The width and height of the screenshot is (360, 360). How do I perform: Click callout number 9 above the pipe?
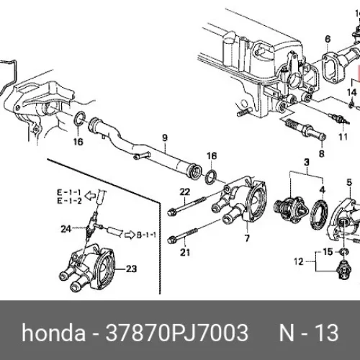(x=165, y=138)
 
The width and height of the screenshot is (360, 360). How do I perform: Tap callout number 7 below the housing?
(x=247, y=238)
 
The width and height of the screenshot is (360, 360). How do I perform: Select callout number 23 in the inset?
(x=131, y=269)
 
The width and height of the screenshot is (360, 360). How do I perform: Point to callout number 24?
(x=66, y=229)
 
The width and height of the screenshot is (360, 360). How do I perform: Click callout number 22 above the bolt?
(x=185, y=192)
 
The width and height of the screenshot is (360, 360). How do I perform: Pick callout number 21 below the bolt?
(x=185, y=252)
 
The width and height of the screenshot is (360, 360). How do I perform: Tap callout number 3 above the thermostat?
(x=307, y=163)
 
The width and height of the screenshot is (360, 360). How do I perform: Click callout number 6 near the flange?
(x=328, y=40)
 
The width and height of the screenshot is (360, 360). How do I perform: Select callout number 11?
(x=343, y=137)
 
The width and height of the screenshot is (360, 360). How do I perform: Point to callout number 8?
(x=322, y=153)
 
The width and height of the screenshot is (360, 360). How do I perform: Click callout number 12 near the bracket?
(x=299, y=261)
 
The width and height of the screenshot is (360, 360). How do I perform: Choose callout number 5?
(x=349, y=182)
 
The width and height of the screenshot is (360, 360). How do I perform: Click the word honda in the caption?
(x=53, y=333)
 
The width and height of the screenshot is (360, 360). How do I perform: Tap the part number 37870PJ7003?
(x=177, y=333)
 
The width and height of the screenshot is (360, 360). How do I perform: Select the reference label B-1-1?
(x=146, y=235)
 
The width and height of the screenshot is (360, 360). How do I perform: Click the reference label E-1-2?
(x=69, y=201)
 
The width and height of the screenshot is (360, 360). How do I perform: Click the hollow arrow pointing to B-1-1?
(x=130, y=235)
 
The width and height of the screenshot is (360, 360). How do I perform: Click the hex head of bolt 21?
(x=171, y=239)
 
